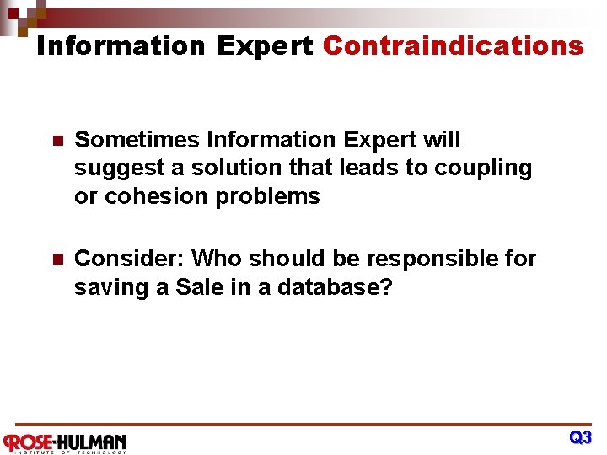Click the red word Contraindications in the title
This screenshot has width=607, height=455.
[x=453, y=45]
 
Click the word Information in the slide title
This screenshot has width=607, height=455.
[x=121, y=45]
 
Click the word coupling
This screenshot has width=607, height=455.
[x=483, y=169]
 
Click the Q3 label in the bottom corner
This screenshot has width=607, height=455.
[x=580, y=438]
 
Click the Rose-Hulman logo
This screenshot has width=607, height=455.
[x=65, y=442]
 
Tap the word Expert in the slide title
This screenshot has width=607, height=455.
[x=264, y=45]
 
